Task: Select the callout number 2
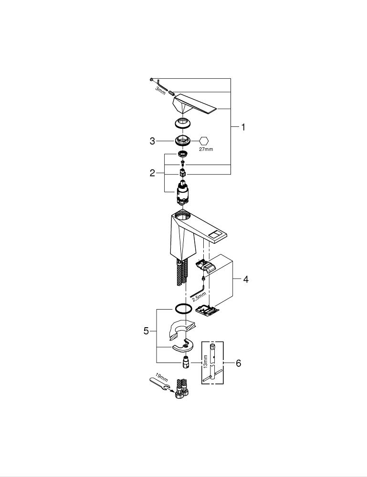pos(152,173)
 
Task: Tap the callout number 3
pos(152,141)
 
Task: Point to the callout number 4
pos(245,280)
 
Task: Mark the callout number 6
pos(238,363)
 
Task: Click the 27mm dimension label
pos(206,149)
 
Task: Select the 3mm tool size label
pos(160,89)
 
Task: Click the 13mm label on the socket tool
pos(206,361)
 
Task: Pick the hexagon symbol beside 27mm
pos(204,141)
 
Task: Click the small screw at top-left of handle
pos(151,79)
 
